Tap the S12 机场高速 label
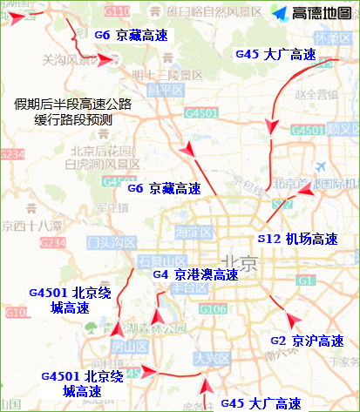296,238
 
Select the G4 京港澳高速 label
195,275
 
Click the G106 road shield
214,309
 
